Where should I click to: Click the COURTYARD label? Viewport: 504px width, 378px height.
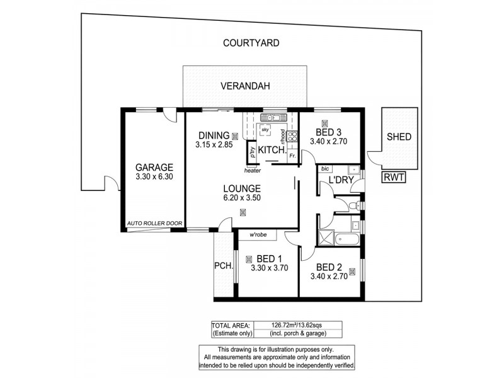click(251, 43)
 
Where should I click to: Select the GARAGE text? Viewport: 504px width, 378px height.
click(154, 168)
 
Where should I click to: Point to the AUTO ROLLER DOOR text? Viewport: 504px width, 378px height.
click(154, 223)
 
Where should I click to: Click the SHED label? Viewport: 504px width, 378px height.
click(399, 137)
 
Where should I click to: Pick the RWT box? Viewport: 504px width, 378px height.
click(393, 177)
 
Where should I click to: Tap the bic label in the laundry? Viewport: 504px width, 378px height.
click(325, 169)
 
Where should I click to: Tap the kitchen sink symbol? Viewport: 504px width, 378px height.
click(273, 118)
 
